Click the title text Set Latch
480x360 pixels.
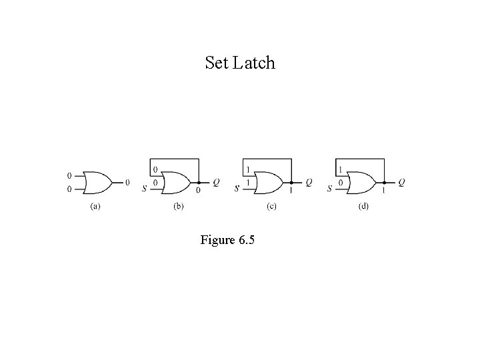240,63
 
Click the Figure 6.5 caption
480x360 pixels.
227,240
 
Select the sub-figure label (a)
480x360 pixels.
95,207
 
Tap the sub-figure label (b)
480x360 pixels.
179,207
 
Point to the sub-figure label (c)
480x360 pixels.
271,207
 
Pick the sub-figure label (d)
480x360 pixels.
363,207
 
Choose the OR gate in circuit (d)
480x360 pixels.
361,181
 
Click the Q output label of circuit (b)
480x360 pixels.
215,181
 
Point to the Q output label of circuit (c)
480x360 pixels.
308,181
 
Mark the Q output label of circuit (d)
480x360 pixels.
401,181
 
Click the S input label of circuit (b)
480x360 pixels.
145,189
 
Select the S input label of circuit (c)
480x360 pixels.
237,189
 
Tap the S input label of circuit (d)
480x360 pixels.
329,189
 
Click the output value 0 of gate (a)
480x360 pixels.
127,181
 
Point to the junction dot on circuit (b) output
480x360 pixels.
199,181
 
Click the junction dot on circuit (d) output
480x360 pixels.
384,181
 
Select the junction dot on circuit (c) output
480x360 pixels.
291,181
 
